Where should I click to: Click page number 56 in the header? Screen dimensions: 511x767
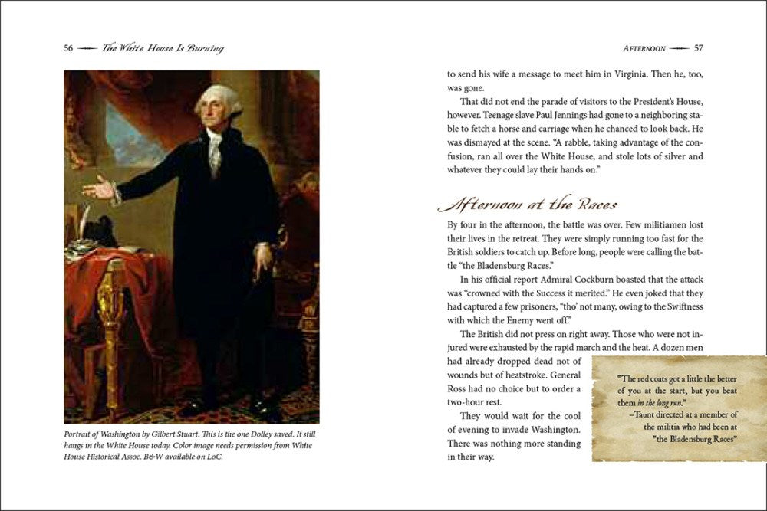(x=68, y=48)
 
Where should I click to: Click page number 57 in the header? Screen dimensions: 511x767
(x=699, y=48)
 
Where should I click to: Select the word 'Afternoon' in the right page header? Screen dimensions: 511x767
(x=644, y=48)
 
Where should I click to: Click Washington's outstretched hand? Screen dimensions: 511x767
(x=97, y=187)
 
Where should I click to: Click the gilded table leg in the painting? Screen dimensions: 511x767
(x=112, y=322)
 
